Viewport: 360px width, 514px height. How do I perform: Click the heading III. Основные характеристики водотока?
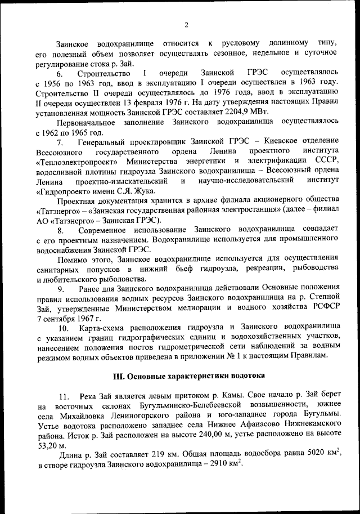coord(188,376)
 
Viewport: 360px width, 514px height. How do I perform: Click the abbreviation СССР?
coord(325,161)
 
